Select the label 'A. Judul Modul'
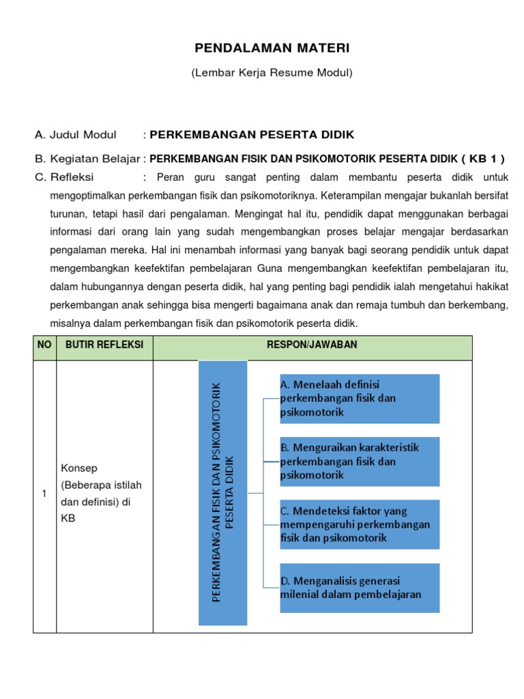coord(76,134)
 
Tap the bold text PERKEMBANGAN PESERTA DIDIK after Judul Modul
coord(252,134)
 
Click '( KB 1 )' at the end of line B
coord(482,159)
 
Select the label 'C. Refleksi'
coord(66,177)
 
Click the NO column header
coord(44,345)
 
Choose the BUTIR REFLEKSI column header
coord(104,345)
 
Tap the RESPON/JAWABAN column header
coord(312,345)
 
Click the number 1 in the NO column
coord(44,494)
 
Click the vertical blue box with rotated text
coord(222,492)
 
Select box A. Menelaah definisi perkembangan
coord(359,399)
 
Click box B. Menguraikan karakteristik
coord(359,461)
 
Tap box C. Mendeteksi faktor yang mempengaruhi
coord(359,524)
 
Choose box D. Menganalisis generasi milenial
coord(359,587)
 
